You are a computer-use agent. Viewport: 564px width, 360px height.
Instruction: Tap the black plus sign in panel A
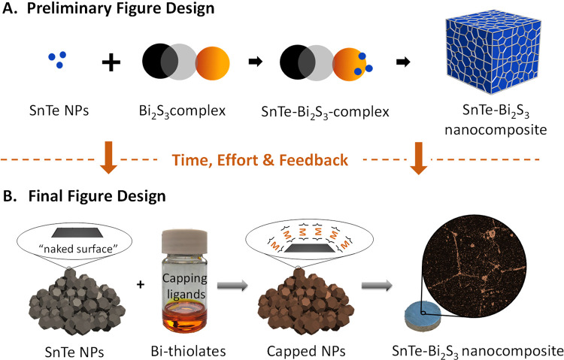click(x=111, y=62)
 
